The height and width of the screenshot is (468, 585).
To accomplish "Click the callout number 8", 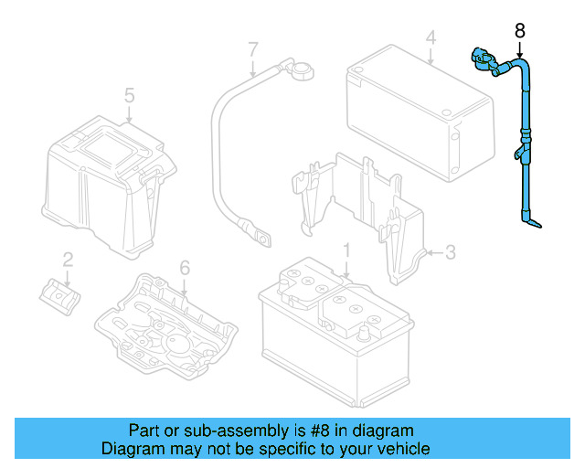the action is [x=520, y=30].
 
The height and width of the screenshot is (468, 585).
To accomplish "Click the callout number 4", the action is [x=431, y=37].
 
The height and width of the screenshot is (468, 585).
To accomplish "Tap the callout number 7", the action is [x=253, y=49].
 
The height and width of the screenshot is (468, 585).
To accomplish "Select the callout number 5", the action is [x=129, y=96].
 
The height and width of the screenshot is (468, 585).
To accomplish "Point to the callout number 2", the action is [x=68, y=260].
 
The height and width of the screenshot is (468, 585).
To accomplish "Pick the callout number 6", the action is [x=185, y=268].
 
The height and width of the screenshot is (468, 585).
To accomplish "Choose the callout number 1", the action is [x=346, y=250].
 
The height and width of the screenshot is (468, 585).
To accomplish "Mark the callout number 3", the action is [x=451, y=252].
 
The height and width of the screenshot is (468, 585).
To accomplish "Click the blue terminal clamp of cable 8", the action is [x=484, y=61].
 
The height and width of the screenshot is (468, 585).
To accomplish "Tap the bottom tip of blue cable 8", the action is [x=540, y=226].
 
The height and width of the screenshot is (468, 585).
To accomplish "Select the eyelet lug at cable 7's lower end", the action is [x=262, y=239].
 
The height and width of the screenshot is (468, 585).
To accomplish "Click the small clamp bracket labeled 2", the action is [x=59, y=296].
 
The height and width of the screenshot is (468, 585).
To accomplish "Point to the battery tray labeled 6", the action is [x=166, y=326].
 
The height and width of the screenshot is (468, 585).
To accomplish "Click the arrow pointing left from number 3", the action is [x=435, y=253].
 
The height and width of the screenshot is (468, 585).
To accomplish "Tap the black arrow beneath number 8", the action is [x=520, y=49].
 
